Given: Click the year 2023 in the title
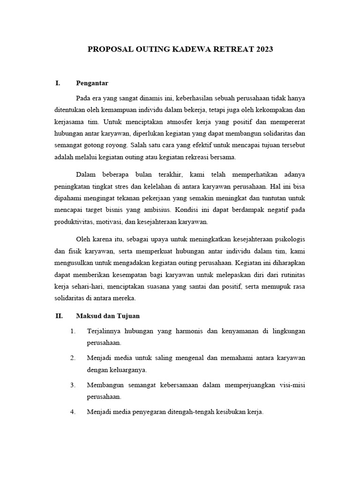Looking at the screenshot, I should [x=263, y=49].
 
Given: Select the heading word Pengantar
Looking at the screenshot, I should [x=92, y=83].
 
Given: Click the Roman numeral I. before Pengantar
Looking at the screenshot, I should [x=58, y=83].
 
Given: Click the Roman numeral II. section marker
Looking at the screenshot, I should [x=59, y=316].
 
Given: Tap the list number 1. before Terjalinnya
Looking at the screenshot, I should [x=73, y=331].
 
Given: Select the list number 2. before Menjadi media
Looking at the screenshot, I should [x=73, y=358].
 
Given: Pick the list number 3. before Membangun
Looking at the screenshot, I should [x=73, y=385].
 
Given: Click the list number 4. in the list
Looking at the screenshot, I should [x=73, y=412].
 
